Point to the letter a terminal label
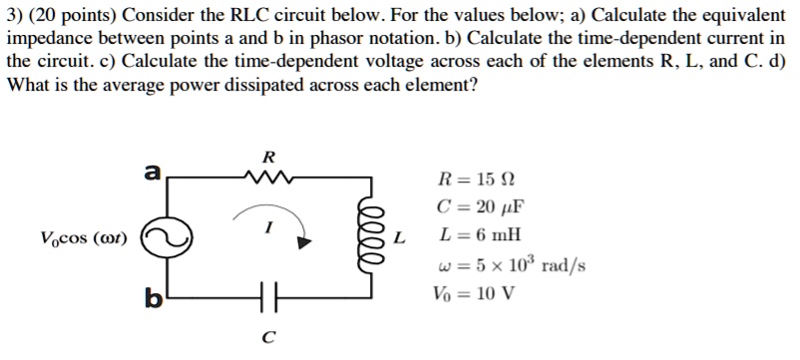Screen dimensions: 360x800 [153, 172]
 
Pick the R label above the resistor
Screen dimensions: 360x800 [265, 157]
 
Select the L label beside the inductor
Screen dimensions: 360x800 [399, 238]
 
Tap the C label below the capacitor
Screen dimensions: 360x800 [265, 337]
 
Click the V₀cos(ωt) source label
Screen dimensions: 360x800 [84, 238]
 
